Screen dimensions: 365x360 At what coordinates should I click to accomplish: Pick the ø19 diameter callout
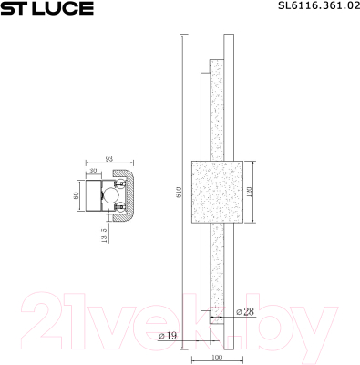[167, 336]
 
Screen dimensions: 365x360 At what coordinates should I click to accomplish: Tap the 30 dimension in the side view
[93, 172]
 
